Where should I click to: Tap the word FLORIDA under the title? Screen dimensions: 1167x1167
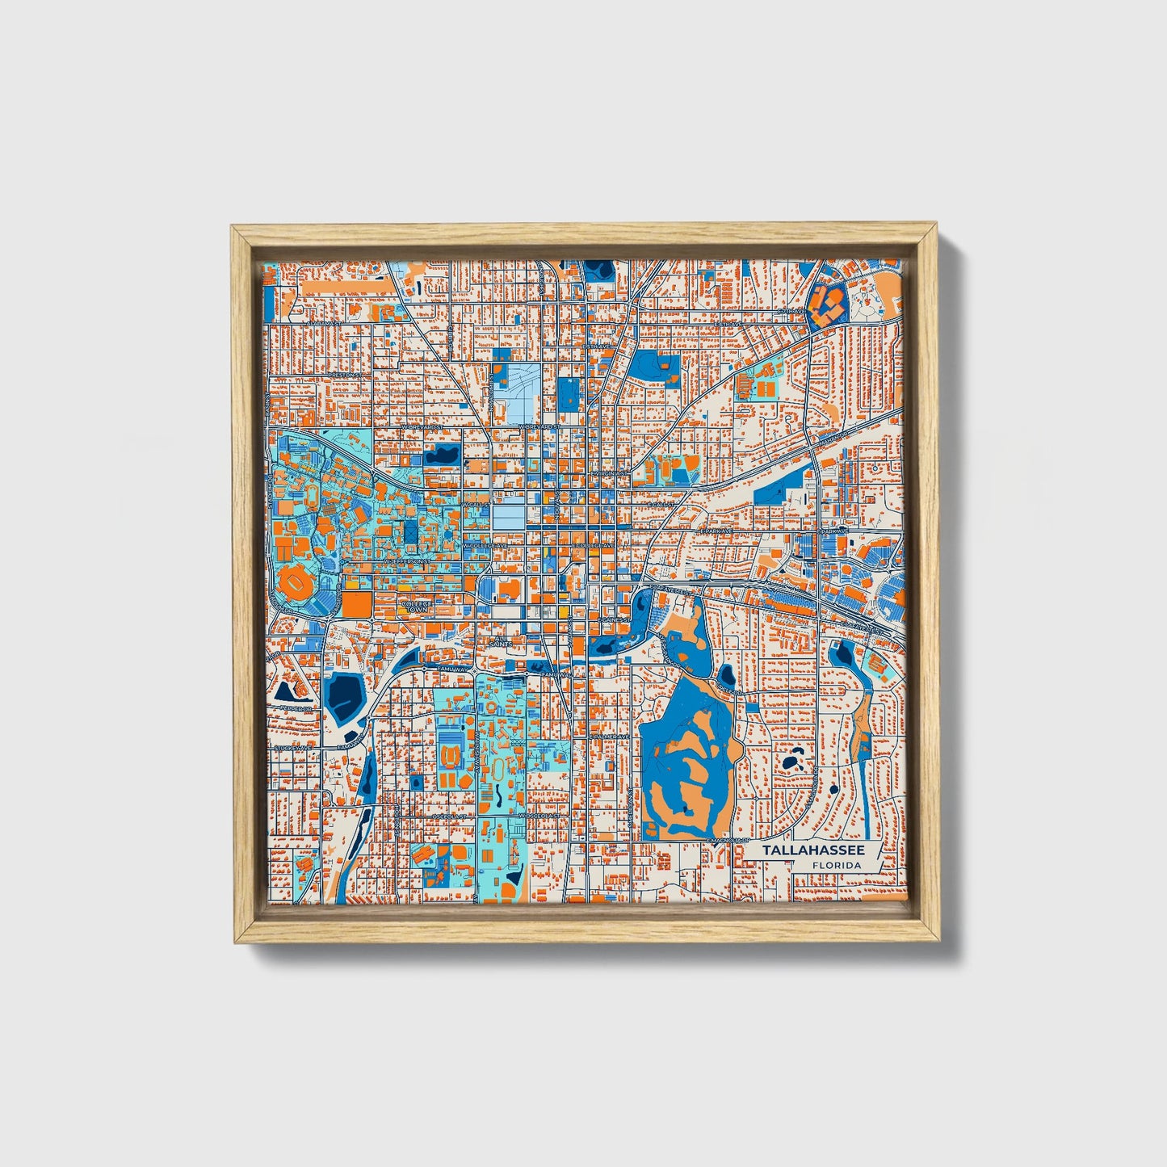[x=837, y=866]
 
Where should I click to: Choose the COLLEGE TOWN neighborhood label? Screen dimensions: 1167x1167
[x=417, y=606]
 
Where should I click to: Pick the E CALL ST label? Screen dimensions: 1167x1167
[x=660, y=504]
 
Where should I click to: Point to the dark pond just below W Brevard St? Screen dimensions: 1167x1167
[x=443, y=455]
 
